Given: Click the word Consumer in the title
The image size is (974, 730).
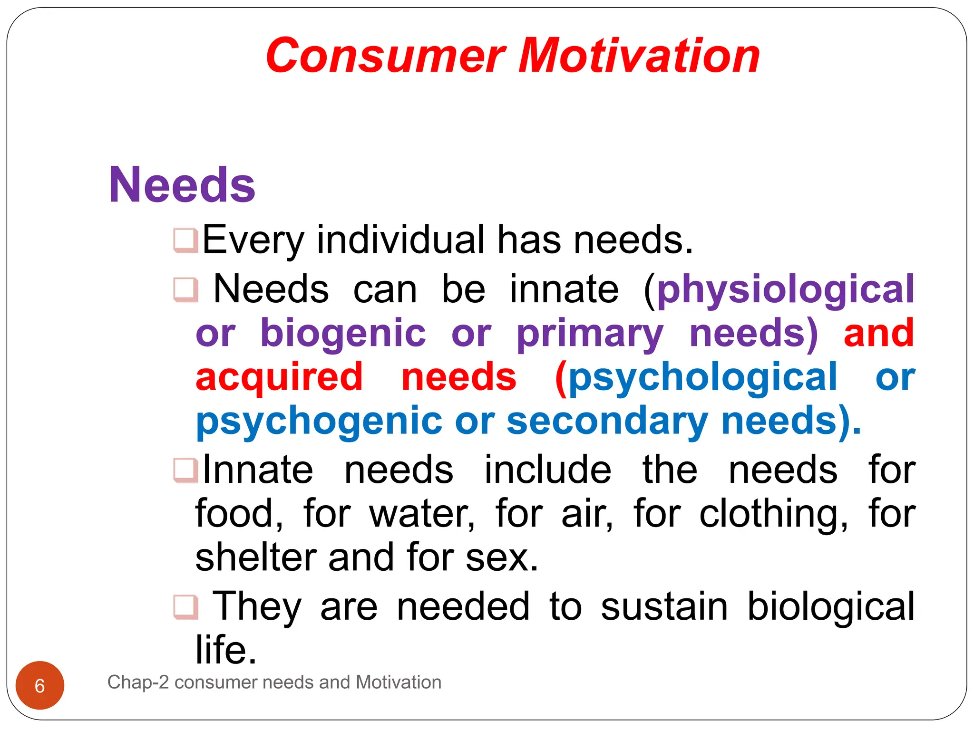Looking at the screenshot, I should (385, 56).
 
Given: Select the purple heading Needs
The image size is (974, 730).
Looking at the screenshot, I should (182, 185).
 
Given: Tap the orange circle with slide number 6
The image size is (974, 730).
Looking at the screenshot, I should (40, 685).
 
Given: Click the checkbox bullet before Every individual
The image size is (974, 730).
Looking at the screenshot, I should (185, 240).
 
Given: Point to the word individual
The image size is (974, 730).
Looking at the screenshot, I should (400, 240).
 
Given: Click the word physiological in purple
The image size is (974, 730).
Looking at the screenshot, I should (785, 290).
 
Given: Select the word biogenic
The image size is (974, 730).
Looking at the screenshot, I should (343, 334).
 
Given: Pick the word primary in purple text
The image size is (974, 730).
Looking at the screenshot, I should (589, 334).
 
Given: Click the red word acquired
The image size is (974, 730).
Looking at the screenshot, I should (279, 377).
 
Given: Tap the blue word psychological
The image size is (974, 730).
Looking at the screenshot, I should (702, 377).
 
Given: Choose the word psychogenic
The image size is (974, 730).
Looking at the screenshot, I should (319, 421).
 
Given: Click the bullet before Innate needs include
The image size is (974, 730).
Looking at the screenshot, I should (185, 470).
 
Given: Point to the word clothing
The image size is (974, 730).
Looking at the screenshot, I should (773, 514).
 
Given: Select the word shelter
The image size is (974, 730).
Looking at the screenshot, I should (256, 558).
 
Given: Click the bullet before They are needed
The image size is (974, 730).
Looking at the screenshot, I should (185, 607).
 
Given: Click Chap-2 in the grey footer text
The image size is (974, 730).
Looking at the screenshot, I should (138, 682).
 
